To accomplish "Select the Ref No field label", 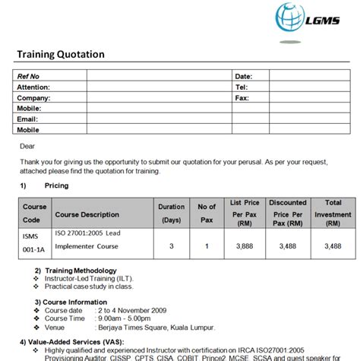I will (29, 77).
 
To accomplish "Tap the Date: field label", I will (243, 77).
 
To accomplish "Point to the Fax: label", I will (242, 98).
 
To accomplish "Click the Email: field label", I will (28, 119).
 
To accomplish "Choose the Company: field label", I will (34, 98).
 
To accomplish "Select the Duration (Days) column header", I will (171, 213).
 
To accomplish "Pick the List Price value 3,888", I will (245, 246).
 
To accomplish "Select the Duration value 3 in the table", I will (171, 246).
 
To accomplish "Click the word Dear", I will (27, 145).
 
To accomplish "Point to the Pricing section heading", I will (56, 185).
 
